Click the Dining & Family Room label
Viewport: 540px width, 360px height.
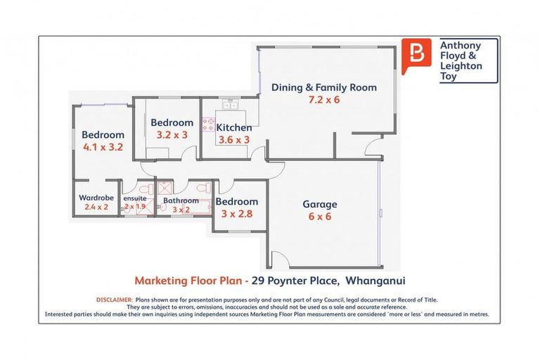(324, 88)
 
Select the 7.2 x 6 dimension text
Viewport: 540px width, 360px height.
(324, 100)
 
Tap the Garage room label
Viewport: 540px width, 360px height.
(320, 205)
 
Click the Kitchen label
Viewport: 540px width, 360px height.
(233, 128)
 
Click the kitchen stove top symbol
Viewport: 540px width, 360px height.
(209, 124)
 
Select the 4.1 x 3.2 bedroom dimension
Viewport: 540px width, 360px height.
(103, 148)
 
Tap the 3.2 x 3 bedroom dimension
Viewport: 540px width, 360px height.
(172, 135)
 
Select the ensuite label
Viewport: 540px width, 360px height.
(135, 199)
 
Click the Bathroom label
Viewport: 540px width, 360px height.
(181, 200)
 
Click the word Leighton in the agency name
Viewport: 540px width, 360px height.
(461, 65)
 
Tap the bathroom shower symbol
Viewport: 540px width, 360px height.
(165, 188)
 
